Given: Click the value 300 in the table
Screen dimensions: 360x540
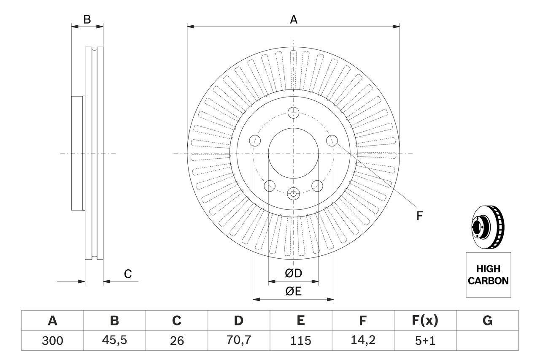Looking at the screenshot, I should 52,341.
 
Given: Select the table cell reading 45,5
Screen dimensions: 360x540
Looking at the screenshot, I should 114,341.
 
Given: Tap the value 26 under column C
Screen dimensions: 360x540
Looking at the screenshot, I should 176,341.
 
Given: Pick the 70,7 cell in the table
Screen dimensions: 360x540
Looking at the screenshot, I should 238,341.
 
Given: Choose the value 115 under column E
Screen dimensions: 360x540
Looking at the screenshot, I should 300,341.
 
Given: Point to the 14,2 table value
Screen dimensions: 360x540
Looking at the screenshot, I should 362,341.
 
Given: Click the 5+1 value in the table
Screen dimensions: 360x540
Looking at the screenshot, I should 425,341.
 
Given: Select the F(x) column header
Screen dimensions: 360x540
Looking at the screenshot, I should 425,321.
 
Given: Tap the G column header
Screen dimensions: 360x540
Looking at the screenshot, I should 487,321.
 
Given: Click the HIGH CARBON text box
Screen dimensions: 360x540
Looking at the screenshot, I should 488,275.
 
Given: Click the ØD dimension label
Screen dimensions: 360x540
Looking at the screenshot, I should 294,273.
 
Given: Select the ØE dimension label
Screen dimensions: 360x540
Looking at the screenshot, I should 294,292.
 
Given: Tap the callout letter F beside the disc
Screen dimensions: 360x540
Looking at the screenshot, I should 419,216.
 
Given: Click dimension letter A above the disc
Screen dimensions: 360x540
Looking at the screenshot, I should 294,19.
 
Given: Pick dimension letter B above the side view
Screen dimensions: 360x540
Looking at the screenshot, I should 87,19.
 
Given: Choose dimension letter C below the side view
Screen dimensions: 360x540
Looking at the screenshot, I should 128,274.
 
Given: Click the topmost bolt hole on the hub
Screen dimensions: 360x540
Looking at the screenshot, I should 293,113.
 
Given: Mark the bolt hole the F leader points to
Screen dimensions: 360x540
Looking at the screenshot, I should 332,140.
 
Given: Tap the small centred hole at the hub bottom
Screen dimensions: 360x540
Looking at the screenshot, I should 293,194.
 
